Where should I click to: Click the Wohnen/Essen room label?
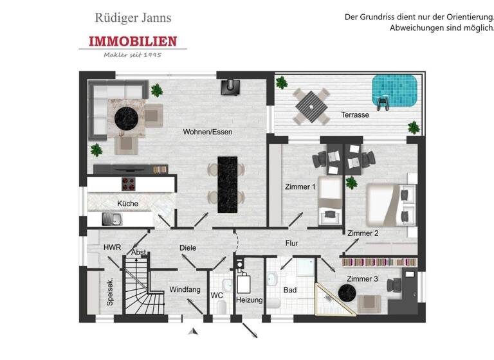pos(207,132)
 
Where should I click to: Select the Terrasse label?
pos(354,116)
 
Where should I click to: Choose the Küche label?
pos(127,204)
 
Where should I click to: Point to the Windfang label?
pos(184,290)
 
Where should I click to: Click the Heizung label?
pos(249,300)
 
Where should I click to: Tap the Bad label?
pos(290,290)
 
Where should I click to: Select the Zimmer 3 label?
pos(362,278)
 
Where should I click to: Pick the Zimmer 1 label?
pos(300,187)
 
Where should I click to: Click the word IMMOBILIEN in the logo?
pos(133,42)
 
